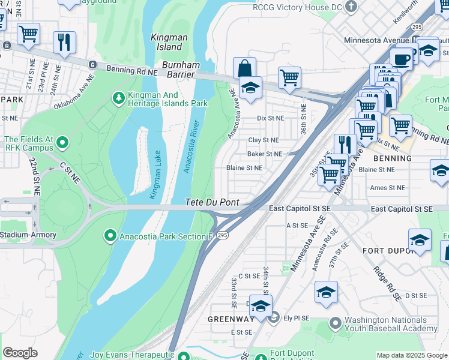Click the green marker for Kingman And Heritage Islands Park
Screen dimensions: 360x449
119,97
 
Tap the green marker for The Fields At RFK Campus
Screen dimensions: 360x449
61,143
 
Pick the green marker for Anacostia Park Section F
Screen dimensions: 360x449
110,236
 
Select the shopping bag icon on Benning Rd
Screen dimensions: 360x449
244,68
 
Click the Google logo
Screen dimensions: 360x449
20,353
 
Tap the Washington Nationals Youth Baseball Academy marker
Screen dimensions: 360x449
334,324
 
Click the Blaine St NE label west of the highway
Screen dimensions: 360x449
244,168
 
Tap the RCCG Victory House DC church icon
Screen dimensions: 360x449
352,6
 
